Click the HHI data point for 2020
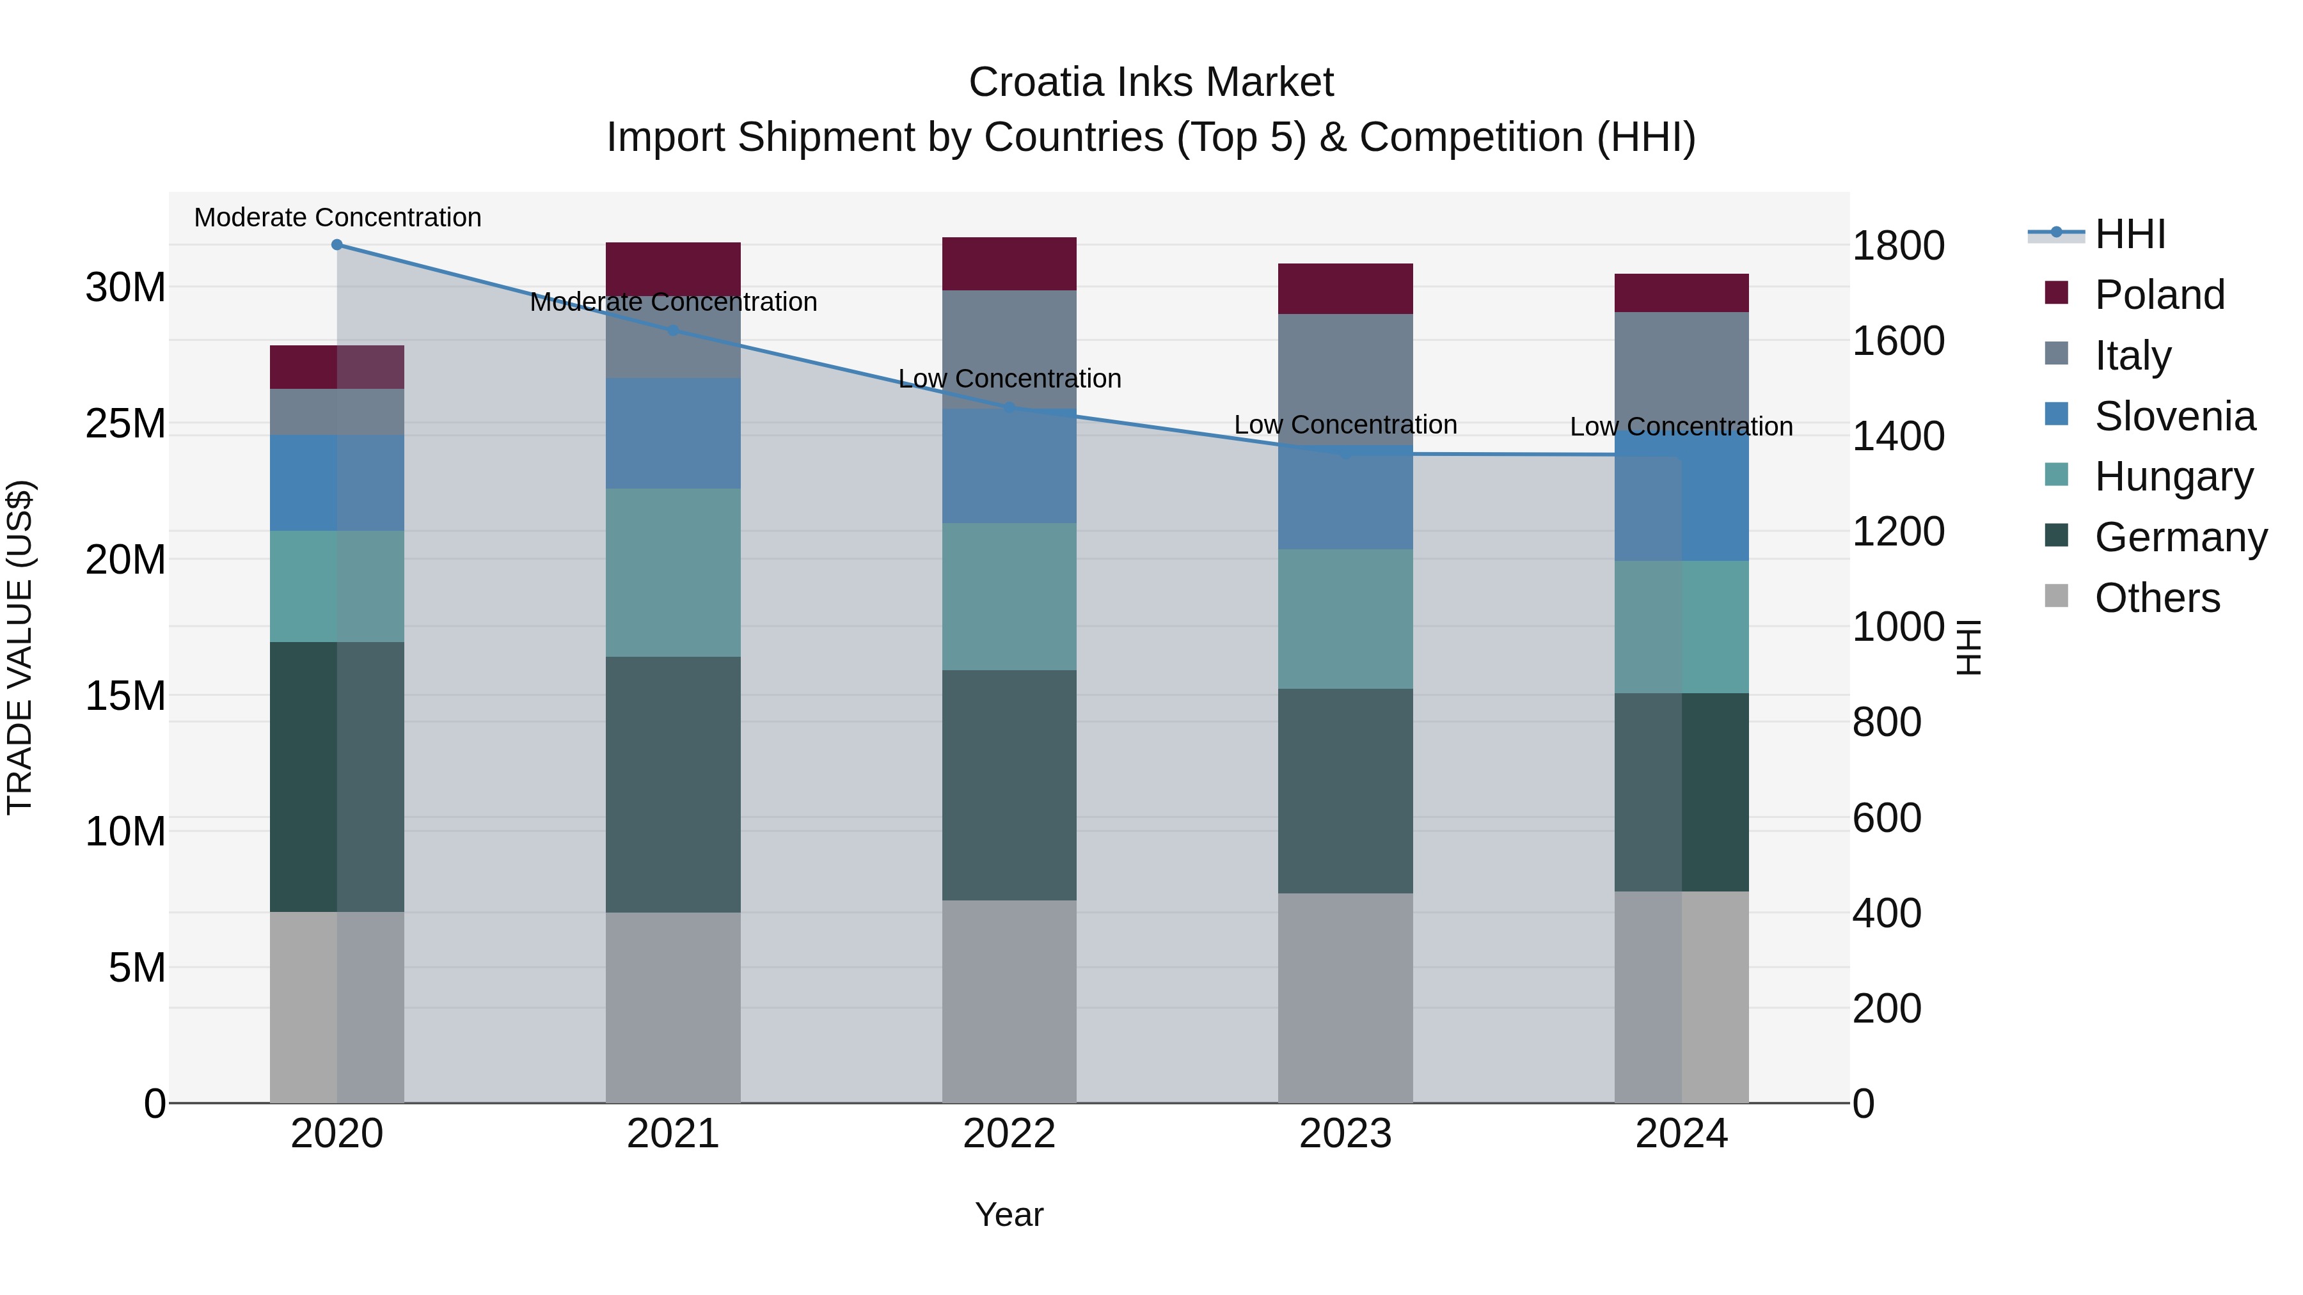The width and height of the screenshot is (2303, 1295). [337, 245]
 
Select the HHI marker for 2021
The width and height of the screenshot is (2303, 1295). [673, 330]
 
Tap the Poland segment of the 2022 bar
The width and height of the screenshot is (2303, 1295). [1009, 263]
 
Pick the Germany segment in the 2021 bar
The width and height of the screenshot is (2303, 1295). [673, 784]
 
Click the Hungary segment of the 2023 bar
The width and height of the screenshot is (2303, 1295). [1345, 618]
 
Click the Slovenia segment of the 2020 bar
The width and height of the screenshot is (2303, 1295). [337, 483]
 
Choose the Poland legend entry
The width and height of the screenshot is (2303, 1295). [2159, 295]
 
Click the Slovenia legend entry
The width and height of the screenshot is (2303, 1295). [2174, 416]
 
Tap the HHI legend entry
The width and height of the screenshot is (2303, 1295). [2130, 234]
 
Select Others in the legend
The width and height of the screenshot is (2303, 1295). [2157, 598]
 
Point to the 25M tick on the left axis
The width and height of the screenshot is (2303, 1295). [125, 423]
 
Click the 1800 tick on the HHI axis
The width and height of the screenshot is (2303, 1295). [1897, 246]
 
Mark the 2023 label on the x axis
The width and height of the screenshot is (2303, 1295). [1345, 1134]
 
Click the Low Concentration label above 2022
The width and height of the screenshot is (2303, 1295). [1009, 379]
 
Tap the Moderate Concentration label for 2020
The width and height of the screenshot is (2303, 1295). [337, 217]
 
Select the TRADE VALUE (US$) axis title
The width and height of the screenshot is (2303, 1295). [20, 647]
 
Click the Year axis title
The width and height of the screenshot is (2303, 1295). [1009, 1214]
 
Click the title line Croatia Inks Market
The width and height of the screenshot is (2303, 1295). [1151, 82]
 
